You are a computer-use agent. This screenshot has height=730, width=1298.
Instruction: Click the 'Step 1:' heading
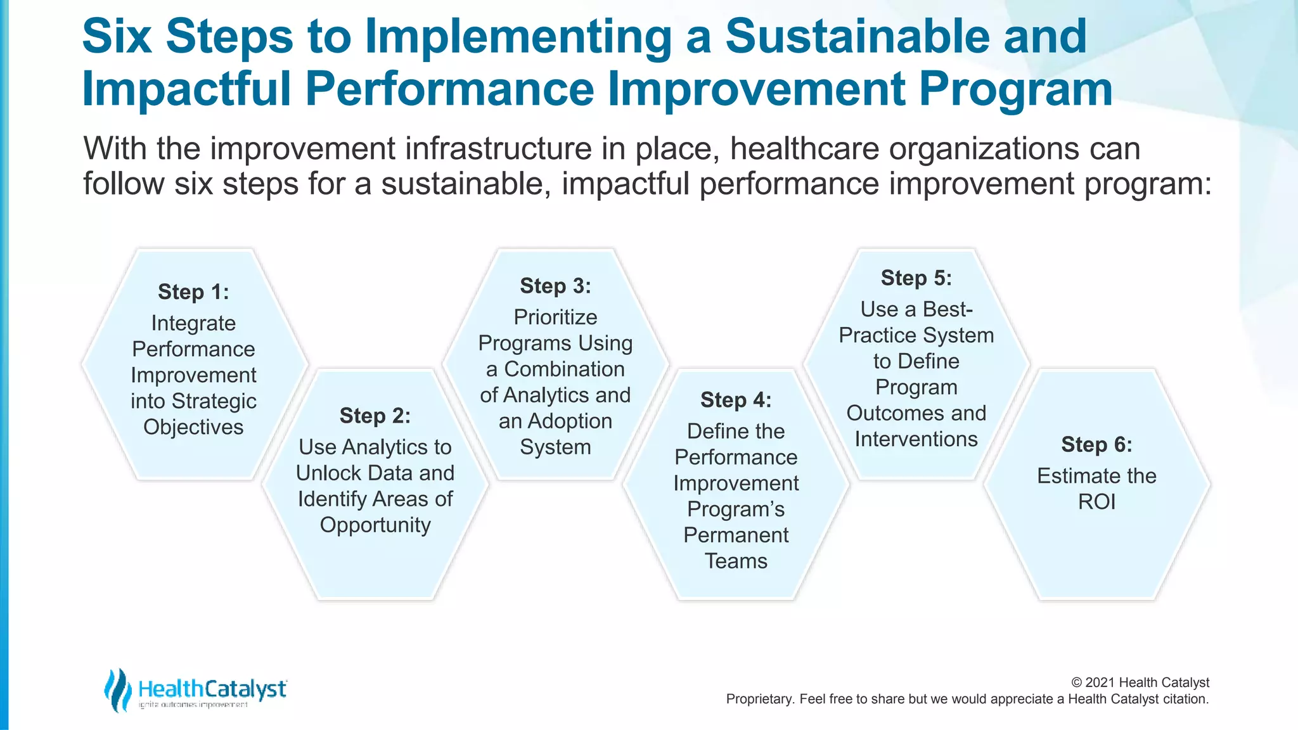(193, 292)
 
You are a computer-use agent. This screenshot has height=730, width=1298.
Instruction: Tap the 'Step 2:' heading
(375, 416)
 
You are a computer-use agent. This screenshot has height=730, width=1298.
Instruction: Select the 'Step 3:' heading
(555, 286)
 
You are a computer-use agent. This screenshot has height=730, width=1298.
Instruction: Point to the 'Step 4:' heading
(736, 400)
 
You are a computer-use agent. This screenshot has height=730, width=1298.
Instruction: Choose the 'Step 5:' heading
(916, 278)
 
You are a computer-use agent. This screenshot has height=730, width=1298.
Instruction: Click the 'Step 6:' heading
(1096, 444)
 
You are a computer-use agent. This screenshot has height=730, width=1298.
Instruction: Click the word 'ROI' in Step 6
(1096, 502)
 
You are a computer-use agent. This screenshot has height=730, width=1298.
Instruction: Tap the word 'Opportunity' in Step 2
(375, 525)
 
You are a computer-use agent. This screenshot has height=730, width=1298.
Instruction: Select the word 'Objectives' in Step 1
(193, 427)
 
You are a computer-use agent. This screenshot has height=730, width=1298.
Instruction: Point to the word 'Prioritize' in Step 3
(555, 317)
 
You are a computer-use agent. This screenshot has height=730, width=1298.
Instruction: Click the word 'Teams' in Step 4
(736, 561)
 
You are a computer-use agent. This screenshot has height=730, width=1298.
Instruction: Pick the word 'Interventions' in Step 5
(916, 439)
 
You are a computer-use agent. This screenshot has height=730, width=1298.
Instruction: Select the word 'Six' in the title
(117, 37)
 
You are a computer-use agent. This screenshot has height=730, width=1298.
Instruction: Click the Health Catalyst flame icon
(117, 689)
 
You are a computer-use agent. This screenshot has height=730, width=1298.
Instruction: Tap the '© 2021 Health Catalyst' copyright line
(1140, 682)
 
